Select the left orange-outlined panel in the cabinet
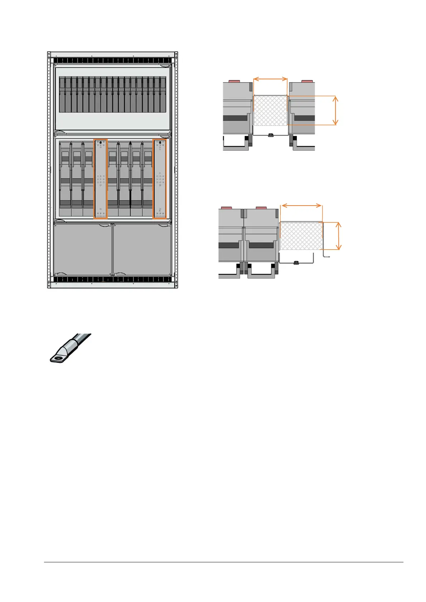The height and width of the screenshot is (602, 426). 101,179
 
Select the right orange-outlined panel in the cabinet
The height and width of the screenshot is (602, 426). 160,179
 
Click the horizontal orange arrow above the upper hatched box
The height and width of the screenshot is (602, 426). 270,79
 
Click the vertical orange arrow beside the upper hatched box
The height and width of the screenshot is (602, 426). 335,110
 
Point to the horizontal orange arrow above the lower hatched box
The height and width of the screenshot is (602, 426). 302,205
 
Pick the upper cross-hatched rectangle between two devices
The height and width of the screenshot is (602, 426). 270,110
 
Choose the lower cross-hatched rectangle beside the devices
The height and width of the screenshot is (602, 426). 301,236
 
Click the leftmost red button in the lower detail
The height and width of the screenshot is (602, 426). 227,208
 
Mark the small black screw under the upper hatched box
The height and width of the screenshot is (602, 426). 271,135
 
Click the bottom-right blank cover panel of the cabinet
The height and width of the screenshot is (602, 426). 142,249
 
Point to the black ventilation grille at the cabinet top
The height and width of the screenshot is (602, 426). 113,60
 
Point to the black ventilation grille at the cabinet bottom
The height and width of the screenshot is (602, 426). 113,279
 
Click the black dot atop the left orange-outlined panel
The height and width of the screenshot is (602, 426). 101,143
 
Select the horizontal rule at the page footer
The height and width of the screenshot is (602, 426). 224,562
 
